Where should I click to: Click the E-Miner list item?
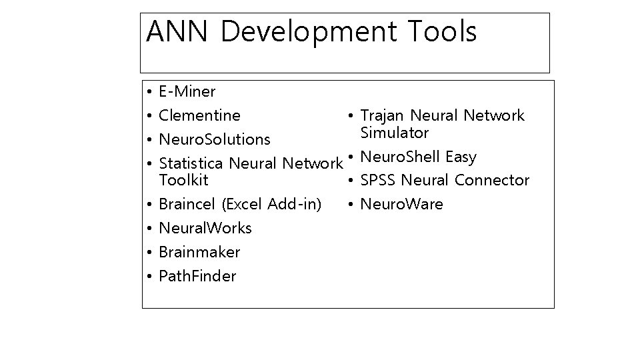[187, 91]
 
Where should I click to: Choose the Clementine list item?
[200, 115]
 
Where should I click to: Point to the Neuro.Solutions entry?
[215, 139]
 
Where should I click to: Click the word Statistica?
[192, 163]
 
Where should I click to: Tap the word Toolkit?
[183, 180]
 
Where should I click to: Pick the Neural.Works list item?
[205, 228]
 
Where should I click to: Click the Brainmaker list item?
[199, 252]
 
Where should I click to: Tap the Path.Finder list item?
[197, 276]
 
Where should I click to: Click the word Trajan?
[383, 116]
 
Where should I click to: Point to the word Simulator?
[394, 133]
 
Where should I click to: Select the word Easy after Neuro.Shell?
[461, 157]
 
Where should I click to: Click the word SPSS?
[379, 180]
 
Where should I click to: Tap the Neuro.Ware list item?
[401, 204]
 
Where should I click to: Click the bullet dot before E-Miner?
[151, 91]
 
